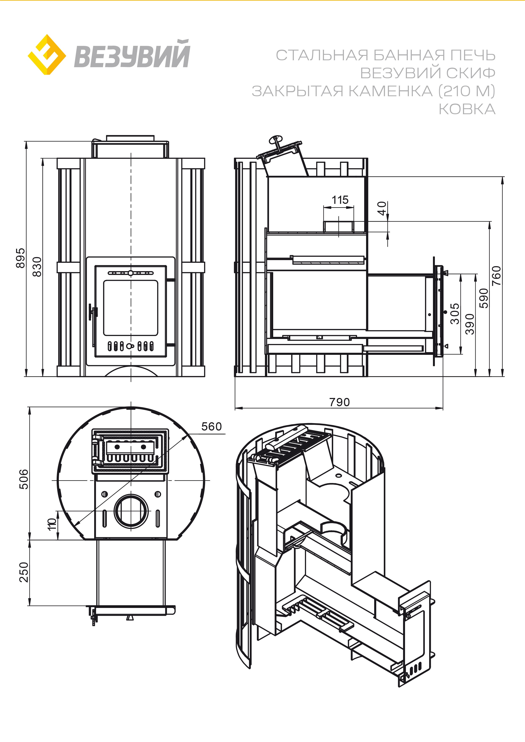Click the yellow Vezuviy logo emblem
(47, 55)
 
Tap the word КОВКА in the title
(467, 109)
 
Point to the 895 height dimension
(20, 258)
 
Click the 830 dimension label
(37, 267)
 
